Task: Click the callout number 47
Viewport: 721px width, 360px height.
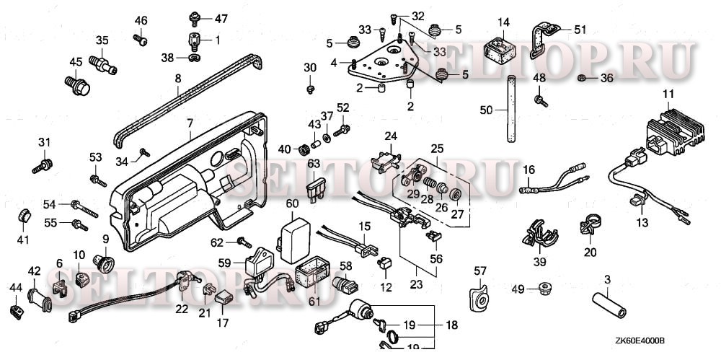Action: click(x=221, y=19)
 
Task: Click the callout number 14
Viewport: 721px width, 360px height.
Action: click(x=503, y=22)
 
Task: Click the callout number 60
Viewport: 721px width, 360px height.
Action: click(x=293, y=203)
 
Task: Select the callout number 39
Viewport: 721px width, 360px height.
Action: click(x=540, y=263)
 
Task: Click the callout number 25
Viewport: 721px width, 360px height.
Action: click(x=437, y=149)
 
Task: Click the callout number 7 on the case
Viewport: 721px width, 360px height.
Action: click(x=190, y=123)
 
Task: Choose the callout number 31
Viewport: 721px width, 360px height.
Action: click(x=44, y=143)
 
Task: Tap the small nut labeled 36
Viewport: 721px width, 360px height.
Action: click(x=581, y=78)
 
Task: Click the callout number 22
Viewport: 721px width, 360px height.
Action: click(x=182, y=309)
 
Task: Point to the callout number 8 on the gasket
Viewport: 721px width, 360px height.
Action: click(x=178, y=79)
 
